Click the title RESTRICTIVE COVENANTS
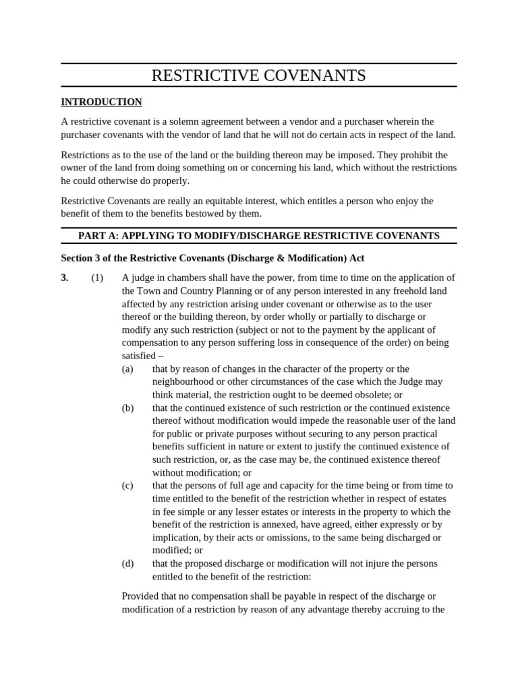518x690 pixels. [x=258, y=75]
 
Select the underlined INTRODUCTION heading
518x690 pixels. [x=101, y=102]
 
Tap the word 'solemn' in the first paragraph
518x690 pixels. [x=175, y=121]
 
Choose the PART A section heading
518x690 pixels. [x=258, y=235]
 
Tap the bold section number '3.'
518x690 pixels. [x=65, y=278]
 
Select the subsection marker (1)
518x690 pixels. [x=97, y=278]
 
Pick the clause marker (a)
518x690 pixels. [x=127, y=369]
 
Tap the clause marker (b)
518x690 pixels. [x=127, y=408]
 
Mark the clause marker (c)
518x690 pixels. [x=127, y=485]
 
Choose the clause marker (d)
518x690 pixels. [x=127, y=563]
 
